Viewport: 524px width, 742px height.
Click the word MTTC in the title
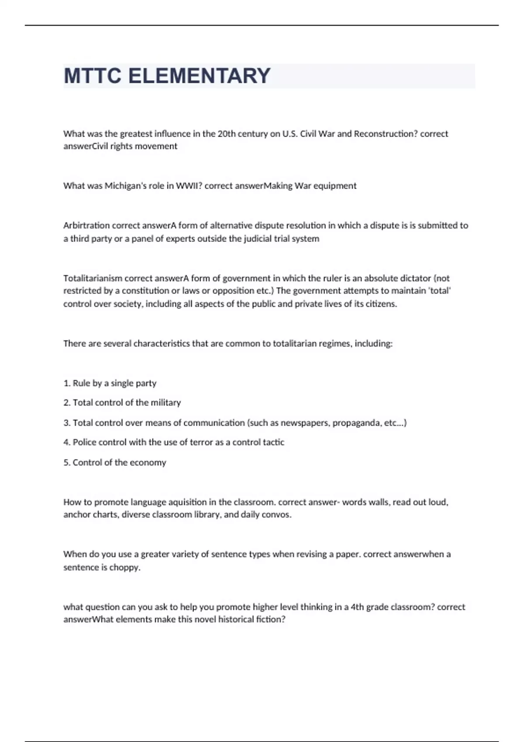92,76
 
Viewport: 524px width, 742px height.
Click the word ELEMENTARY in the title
200,76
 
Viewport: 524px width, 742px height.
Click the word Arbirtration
86,226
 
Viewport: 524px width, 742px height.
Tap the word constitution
146,291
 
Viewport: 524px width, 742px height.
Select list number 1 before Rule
66,383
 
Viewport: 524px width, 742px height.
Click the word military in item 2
165,403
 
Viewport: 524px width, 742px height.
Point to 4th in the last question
358,607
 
